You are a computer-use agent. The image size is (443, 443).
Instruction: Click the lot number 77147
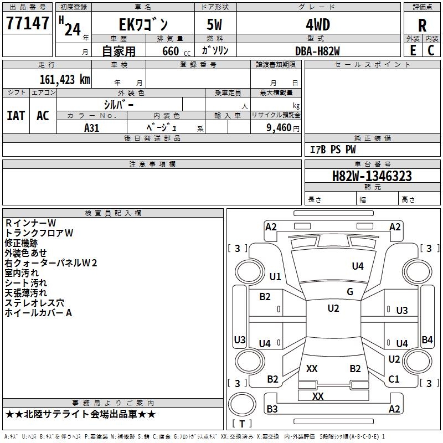click(x=27, y=23)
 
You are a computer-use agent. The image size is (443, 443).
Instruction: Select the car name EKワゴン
click(x=143, y=24)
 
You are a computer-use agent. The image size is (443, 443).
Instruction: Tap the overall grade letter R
click(x=422, y=25)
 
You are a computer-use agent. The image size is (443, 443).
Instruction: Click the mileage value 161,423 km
click(x=65, y=79)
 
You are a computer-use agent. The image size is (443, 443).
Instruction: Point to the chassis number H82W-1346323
click(x=372, y=176)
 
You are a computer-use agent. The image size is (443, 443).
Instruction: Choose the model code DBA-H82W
click(x=317, y=51)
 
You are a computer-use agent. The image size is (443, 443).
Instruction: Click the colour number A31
click(x=92, y=128)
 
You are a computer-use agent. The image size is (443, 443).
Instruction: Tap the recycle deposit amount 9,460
click(x=279, y=128)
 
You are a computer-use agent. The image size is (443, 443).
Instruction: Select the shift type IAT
click(x=16, y=116)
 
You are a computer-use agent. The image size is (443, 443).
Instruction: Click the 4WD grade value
click(x=318, y=25)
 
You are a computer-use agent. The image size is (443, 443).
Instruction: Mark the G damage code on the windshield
click(x=350, y=292)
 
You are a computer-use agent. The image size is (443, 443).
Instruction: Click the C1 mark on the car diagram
click(x=394, y=379)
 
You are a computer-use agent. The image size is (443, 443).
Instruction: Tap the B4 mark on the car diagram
click(x=427, y=339)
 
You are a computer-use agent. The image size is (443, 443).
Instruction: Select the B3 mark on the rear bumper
click(x=272, y=409)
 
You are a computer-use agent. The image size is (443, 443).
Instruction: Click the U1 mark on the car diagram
click(x=275, y=276)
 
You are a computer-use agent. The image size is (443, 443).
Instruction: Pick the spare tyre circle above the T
click(x=242, y=404)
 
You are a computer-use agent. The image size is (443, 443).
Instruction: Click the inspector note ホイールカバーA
click(x=38, y=313)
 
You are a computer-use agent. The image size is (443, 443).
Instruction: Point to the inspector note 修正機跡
click(x=21, y=243)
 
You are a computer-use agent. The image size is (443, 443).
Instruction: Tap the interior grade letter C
click(x=431, y=50)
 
